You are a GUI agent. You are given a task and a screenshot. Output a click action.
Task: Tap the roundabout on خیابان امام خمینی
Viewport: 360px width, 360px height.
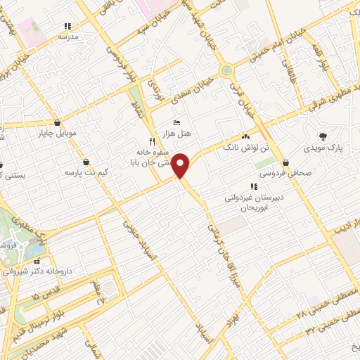tap(226, 70)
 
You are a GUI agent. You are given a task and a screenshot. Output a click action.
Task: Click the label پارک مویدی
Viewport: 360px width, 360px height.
tap(321, 149)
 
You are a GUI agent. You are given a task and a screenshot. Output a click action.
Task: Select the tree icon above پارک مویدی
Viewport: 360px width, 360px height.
tap(323, 137)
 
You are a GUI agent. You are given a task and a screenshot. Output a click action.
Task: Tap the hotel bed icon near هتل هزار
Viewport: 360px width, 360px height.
tap(176, 123)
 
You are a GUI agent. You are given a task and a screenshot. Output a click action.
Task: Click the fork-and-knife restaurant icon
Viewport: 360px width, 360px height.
tap(143, 141)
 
